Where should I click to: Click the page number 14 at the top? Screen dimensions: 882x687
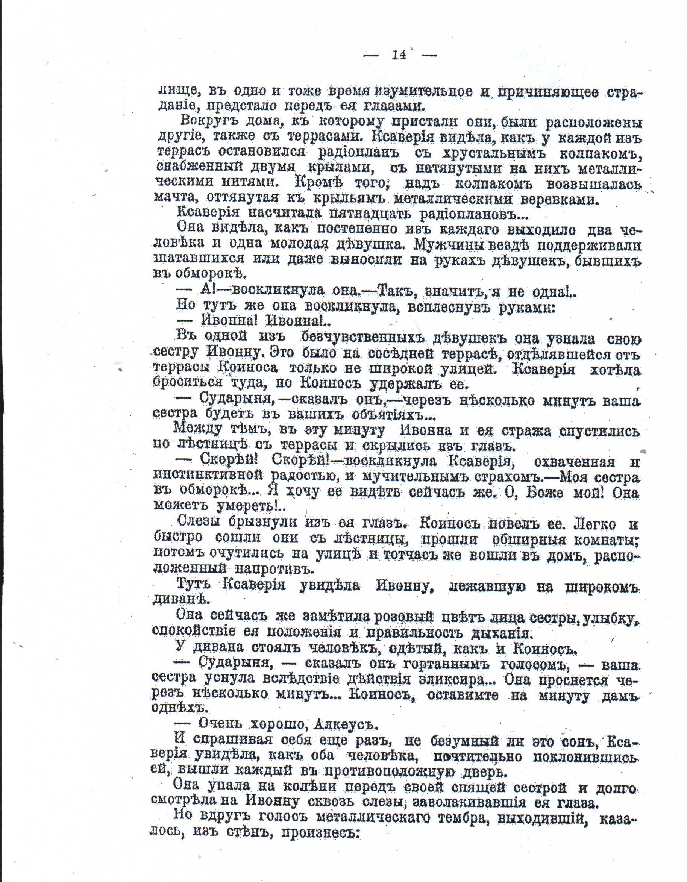400,54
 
